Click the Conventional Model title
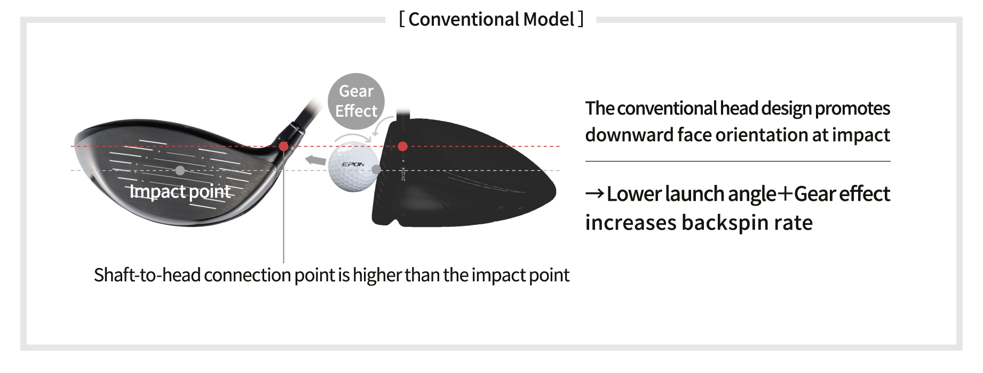point(491,20)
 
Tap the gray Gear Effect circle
point(356,101)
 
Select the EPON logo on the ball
point(353,164)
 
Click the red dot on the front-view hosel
point(283,146)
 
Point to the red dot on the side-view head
point(403,146)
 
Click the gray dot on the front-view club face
point(180,171)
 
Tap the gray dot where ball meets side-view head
point(376,170)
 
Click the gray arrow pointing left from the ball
point(315,160)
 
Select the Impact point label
point(180,191)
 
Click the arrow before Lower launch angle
point(594,193)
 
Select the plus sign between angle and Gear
point(784,194)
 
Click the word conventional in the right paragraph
point(667,109)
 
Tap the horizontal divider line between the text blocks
point(738,161)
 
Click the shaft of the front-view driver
point(306,113)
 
